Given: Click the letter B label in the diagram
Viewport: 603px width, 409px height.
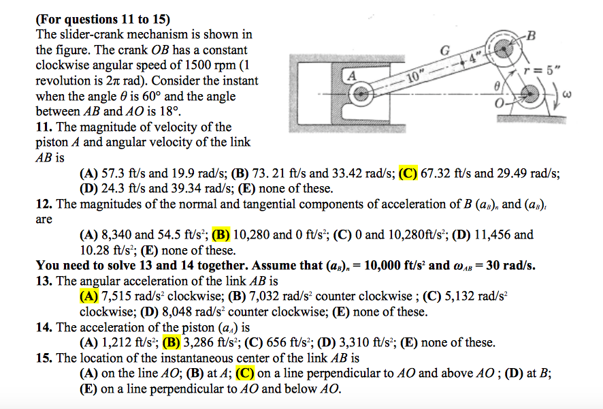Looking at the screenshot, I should point(532,35).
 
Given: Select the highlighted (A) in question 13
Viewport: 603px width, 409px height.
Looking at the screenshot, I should point(88,297).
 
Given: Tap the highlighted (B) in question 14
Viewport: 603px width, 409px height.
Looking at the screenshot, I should point(171,343).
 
